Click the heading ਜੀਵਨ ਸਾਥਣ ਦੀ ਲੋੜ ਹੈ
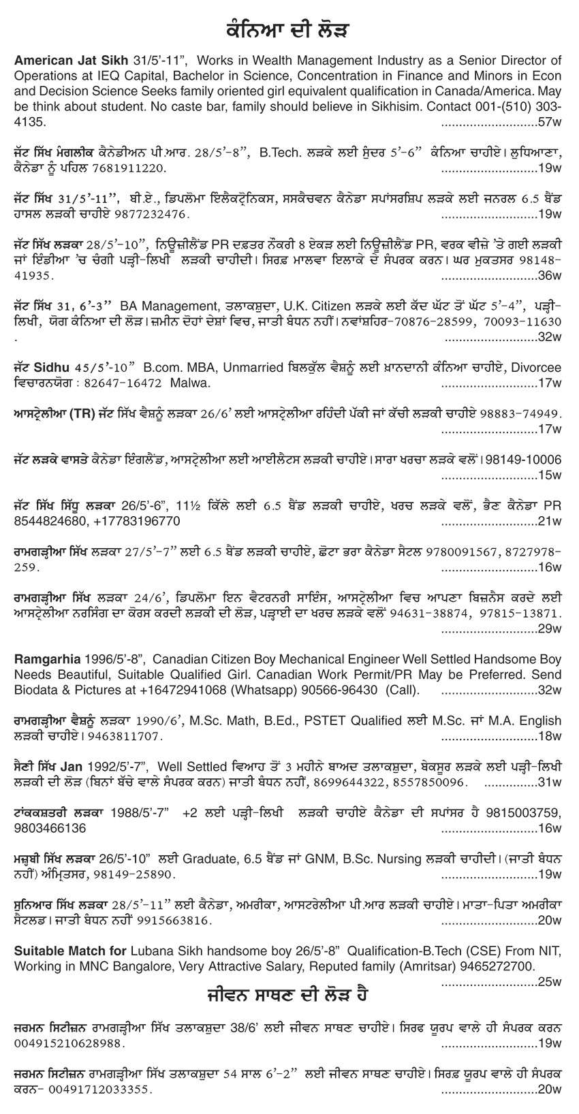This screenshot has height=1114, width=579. [x=289, y=995]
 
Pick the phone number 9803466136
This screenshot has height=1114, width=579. [x=49, y=828]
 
